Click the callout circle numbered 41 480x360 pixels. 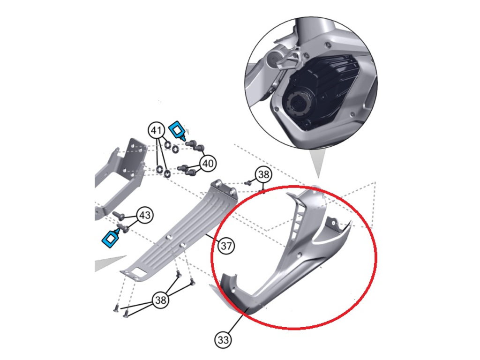[157, 131]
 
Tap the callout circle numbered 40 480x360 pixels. [208, 163]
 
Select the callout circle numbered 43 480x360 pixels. [145, 215]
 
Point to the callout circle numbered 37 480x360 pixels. [226, 246]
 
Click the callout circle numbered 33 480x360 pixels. [223, 340]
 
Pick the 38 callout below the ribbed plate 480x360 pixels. [161, 300]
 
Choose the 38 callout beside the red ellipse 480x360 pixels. [263, 174]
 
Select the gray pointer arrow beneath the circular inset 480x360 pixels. [318, 163]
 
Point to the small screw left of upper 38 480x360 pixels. [247, 183]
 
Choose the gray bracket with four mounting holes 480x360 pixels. [120, 178]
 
